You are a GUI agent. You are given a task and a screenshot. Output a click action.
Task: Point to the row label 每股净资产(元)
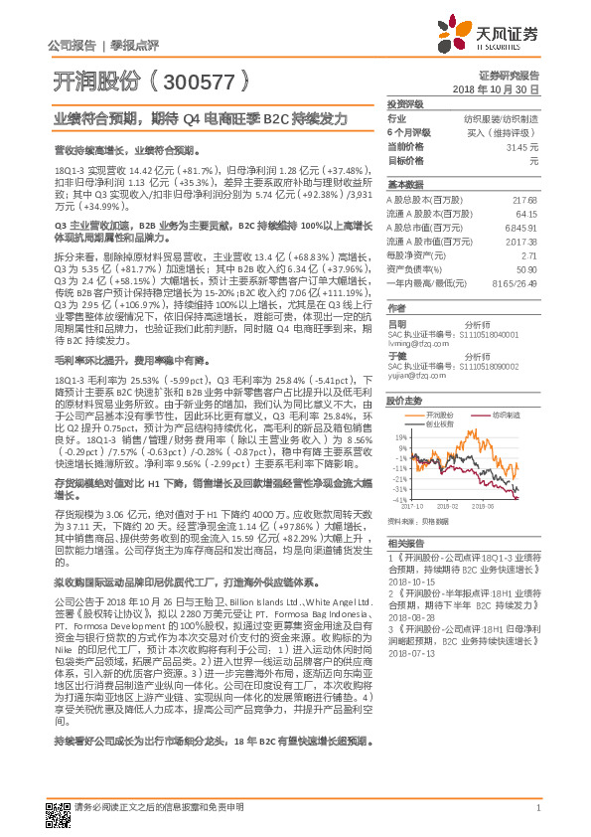pyautogui.click(x=416, y=255)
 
